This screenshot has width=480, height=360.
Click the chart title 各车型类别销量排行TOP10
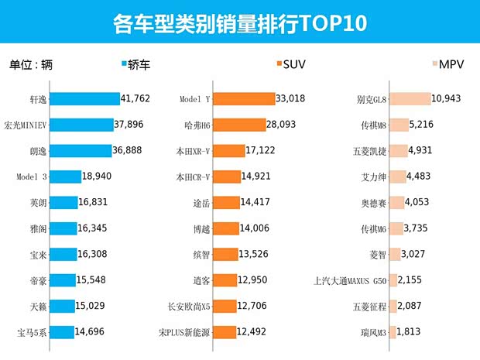(x=239, y=22)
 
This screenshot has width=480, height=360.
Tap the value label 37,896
(x=129, y=125)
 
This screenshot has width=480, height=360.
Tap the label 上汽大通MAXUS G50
(x=349, y=281)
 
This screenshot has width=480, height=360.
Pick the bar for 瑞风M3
(x=392, y=333)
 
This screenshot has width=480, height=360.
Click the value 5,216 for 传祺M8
(x=425, y=125)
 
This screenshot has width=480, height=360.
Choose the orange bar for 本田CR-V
(x=226, y=177)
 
